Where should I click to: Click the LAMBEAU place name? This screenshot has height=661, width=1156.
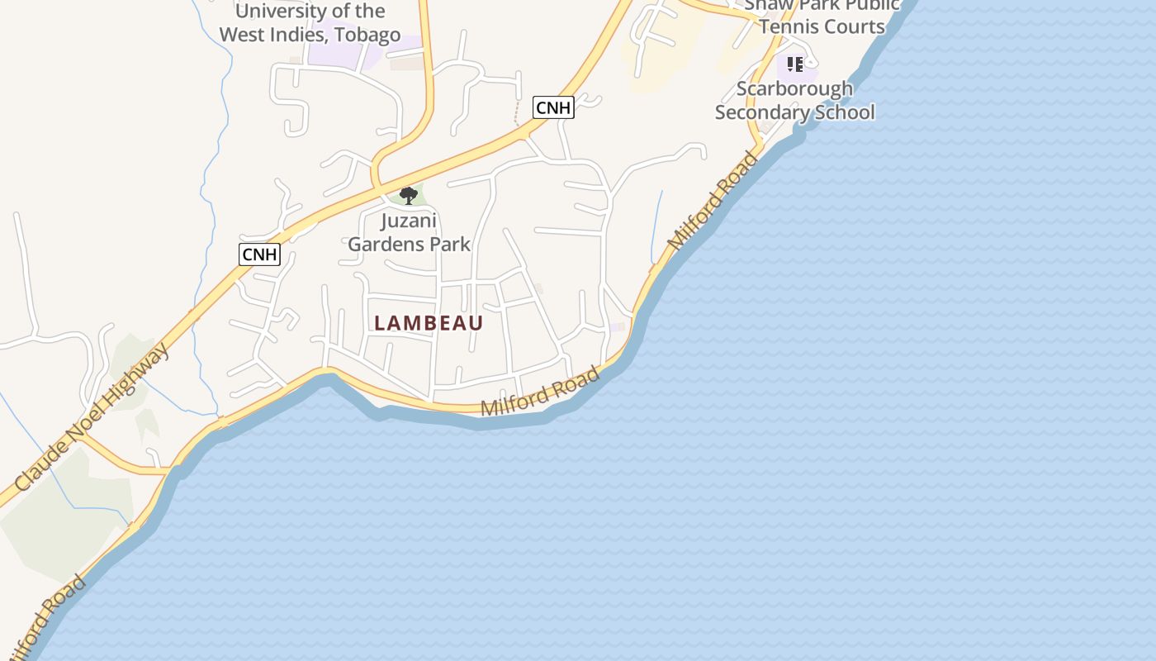pos(429,323)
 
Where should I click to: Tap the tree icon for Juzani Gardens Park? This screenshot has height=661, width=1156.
pos(408,196)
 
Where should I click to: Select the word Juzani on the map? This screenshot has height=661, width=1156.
pos(409,221)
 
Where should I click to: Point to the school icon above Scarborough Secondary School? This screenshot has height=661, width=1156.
pos(794,64)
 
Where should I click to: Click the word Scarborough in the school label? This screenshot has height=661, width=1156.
pos(794,88)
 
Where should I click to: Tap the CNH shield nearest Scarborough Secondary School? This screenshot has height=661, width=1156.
pos(552,107)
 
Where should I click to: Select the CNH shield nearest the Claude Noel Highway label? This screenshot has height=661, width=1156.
pos(259,254)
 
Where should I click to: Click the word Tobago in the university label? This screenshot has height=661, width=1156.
pos(367,35)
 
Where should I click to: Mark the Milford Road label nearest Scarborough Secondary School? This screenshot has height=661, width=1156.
pos(713,201)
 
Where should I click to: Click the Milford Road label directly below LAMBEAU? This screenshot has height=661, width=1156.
pos(540,392)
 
